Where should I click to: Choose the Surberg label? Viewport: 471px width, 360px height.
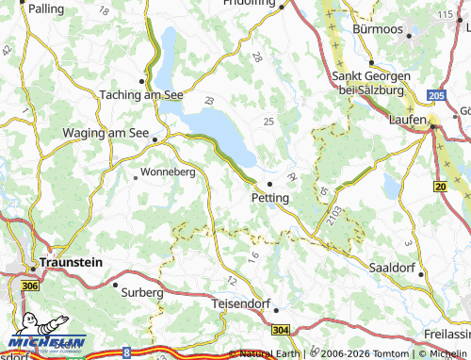coord(142,293)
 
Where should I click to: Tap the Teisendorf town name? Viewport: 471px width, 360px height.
coord(241,305)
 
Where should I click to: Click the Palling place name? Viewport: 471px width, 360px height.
coord(47,8)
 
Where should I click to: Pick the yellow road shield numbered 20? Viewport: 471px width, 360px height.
coord(440,188)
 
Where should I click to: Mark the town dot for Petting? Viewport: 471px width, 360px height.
coord(269,184)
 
